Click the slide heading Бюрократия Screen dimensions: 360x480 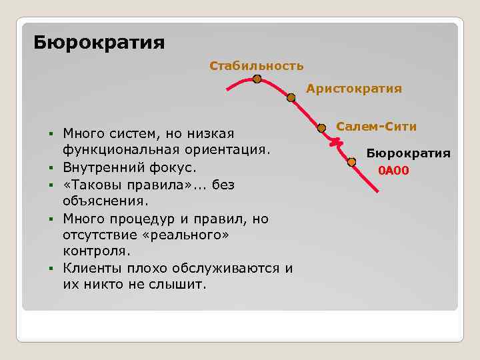(99, 43)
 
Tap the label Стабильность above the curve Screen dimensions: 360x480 (256, 65)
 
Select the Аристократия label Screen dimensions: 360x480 (354, 88)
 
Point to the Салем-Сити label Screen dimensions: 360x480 (376, 126)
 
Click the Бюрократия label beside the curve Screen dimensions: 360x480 (408, 153)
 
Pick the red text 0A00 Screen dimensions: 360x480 (393, 171)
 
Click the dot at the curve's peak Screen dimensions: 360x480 (257, 79)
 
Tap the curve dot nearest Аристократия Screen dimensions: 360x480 (291, 97)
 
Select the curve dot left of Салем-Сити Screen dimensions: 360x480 (321, 127)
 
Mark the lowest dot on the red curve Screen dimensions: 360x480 (351, 161)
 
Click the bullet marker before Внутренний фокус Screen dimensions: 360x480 (51, 167)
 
